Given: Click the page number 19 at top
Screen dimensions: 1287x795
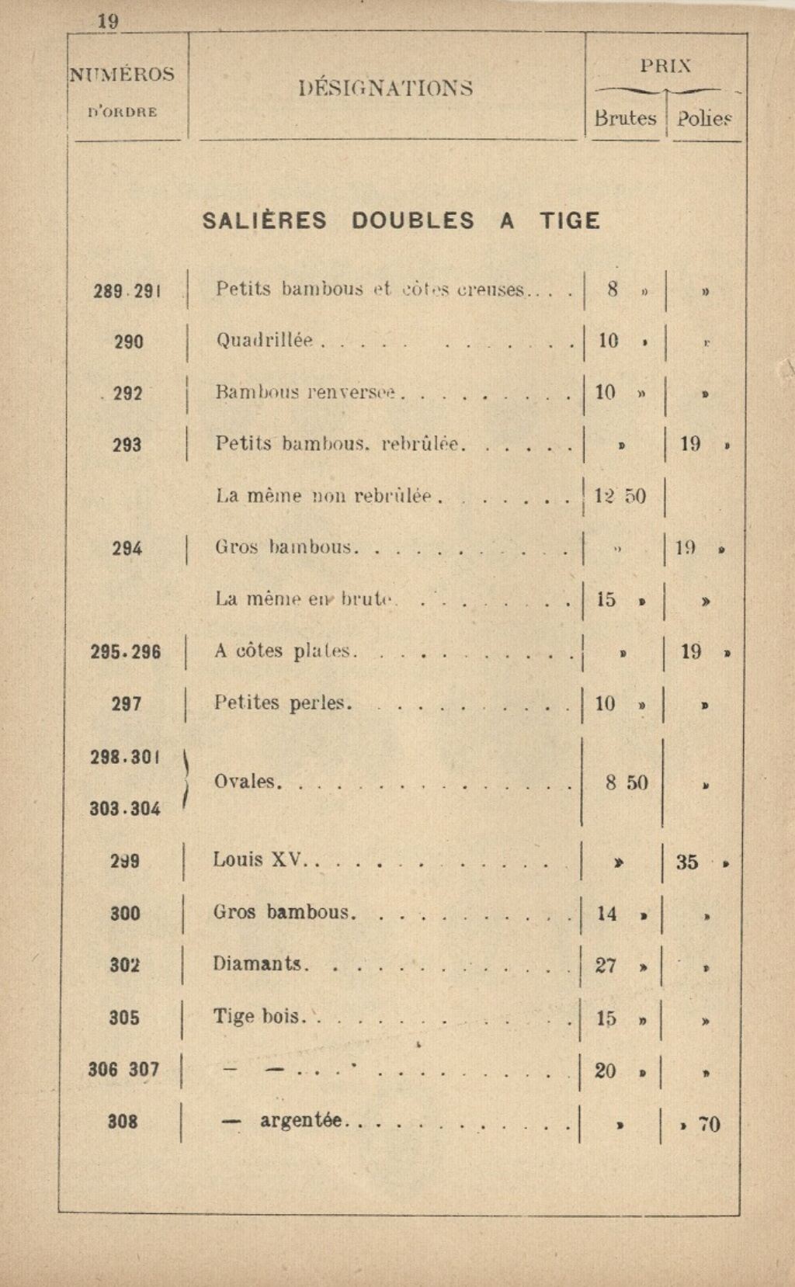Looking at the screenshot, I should coord(108,21).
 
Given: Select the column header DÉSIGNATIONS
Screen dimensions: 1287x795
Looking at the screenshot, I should coord(386,88).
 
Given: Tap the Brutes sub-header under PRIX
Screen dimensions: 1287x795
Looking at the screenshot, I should coord(625,118).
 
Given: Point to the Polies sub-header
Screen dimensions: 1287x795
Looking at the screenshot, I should coord(704,119).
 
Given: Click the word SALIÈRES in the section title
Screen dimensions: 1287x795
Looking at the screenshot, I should coord(265,221).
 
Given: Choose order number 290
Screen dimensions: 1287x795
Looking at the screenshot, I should coord(128,342).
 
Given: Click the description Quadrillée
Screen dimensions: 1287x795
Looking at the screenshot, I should coord(264,340).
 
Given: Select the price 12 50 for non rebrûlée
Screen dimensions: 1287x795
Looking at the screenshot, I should coord(620,496).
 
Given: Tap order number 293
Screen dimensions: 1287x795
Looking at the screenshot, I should coord(127,445).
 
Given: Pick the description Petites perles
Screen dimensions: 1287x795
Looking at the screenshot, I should coord(283,703).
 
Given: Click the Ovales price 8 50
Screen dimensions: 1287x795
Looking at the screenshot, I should coord(627,782).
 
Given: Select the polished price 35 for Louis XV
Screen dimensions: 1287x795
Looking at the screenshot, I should coord(687,862).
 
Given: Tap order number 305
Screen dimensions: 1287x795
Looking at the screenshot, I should coord(124,1017).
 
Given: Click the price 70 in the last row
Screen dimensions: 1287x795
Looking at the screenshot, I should coord(709,1124).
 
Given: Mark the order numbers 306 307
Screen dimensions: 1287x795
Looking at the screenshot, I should coord(123,1070).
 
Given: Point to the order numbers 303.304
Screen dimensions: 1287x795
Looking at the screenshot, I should coord(125,809).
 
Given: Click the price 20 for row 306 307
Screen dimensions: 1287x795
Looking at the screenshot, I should coord(606,1071).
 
